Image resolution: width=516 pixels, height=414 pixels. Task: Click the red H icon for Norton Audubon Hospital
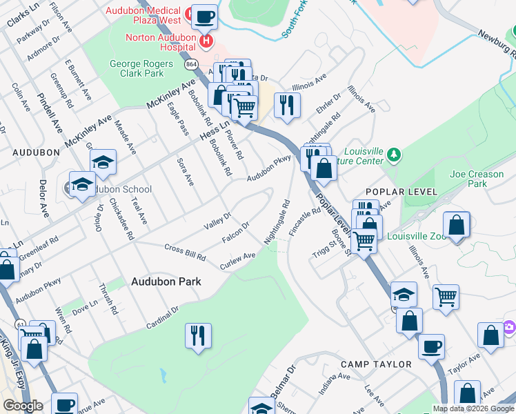[x=205, y=43]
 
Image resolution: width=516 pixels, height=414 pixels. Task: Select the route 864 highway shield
[x=191, y=63]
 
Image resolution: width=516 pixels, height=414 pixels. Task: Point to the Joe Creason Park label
[x=476, y=179]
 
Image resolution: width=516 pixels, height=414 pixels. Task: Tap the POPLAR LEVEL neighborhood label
[x=401, y=191]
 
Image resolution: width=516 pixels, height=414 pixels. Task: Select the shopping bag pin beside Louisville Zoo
[x=456, y=225]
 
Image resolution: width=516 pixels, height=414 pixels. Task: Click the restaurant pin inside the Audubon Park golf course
[x=198, y=335]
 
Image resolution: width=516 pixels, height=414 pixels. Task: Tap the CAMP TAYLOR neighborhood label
[x=377, y=364]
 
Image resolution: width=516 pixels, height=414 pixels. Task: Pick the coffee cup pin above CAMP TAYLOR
[x=431, y=346]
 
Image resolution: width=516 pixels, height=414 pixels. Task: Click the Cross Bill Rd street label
[x=185, y=252]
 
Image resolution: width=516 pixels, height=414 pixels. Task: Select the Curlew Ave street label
[x=237, y=261]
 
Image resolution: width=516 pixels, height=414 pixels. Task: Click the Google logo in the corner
[x=23, y=406]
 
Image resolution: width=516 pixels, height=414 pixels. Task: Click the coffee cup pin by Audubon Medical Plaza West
[x=204, y=17]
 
